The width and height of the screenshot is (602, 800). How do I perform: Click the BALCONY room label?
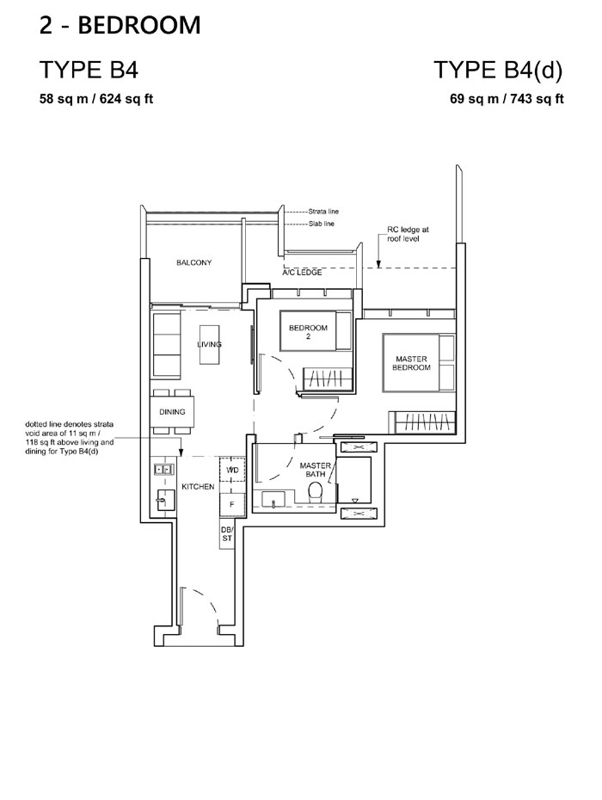click(193, 262)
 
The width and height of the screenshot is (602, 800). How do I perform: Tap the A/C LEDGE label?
click(303, 273)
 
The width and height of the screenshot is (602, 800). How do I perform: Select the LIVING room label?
click(209, 344)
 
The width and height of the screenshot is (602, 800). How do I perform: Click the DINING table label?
click(172, 412)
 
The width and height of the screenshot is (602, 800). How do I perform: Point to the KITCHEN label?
click(198, 487)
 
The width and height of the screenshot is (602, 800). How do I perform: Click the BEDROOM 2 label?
click(308, 332)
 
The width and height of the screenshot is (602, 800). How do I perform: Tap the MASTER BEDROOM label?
click(411, 363)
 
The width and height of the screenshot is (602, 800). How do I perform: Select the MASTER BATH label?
click(316, 470)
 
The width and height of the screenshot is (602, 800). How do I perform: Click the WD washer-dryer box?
click(232, 470)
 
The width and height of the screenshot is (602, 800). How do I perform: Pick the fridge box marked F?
click(232, 505)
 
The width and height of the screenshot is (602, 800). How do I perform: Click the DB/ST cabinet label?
click(227, 533)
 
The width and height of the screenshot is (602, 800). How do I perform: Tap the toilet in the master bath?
click(316, 492)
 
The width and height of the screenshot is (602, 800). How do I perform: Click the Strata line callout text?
click(323, 212)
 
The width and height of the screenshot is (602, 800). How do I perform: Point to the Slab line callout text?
click(322, 224)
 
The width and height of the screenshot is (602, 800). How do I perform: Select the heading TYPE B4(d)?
click(498, 70)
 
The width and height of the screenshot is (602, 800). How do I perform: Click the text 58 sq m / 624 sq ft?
click(96, 98)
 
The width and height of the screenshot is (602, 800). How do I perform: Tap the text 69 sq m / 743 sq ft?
click(507, 98)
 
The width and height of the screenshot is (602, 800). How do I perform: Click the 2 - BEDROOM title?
click(120, 25)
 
